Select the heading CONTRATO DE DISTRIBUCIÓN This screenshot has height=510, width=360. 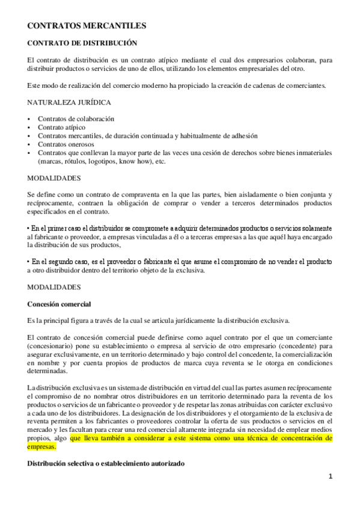click(82, 43)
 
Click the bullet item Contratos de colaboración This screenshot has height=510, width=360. click(76, 119)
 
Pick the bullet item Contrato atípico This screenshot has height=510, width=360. click(61, 127)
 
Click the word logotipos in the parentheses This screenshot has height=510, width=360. click(103, 161)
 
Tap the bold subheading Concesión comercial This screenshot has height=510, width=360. click(59, 304)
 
